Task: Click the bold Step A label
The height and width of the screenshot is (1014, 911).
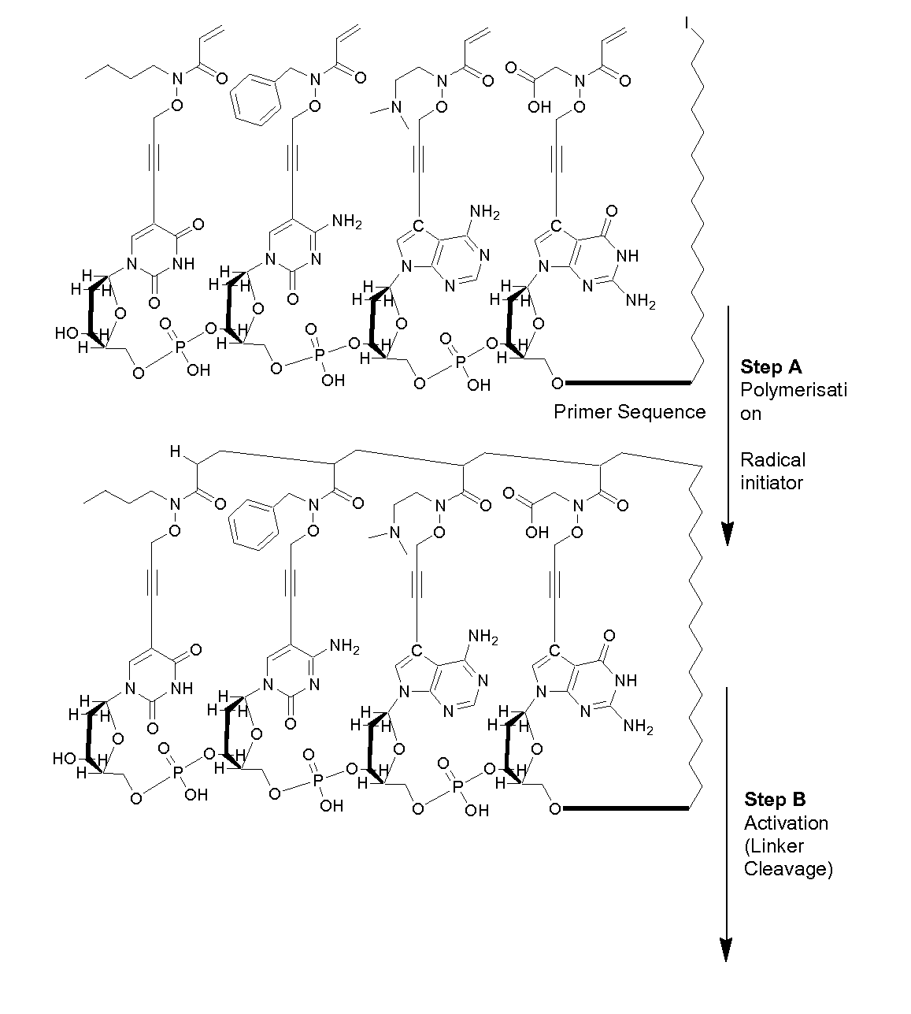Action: [x=772, y=367]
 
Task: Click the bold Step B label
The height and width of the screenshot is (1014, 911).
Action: [x=775, y=800]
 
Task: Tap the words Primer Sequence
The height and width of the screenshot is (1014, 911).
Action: [x=629, y=411]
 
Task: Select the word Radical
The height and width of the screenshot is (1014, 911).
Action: [x=761, y=459]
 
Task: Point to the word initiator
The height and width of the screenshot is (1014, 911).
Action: [x=771, y=482]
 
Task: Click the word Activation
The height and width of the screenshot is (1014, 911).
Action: [x=786, y=823]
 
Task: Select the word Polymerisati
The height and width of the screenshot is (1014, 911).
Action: [x=793, y=390]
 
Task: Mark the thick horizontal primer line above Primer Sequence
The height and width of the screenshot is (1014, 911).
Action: [x=628, y=384]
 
